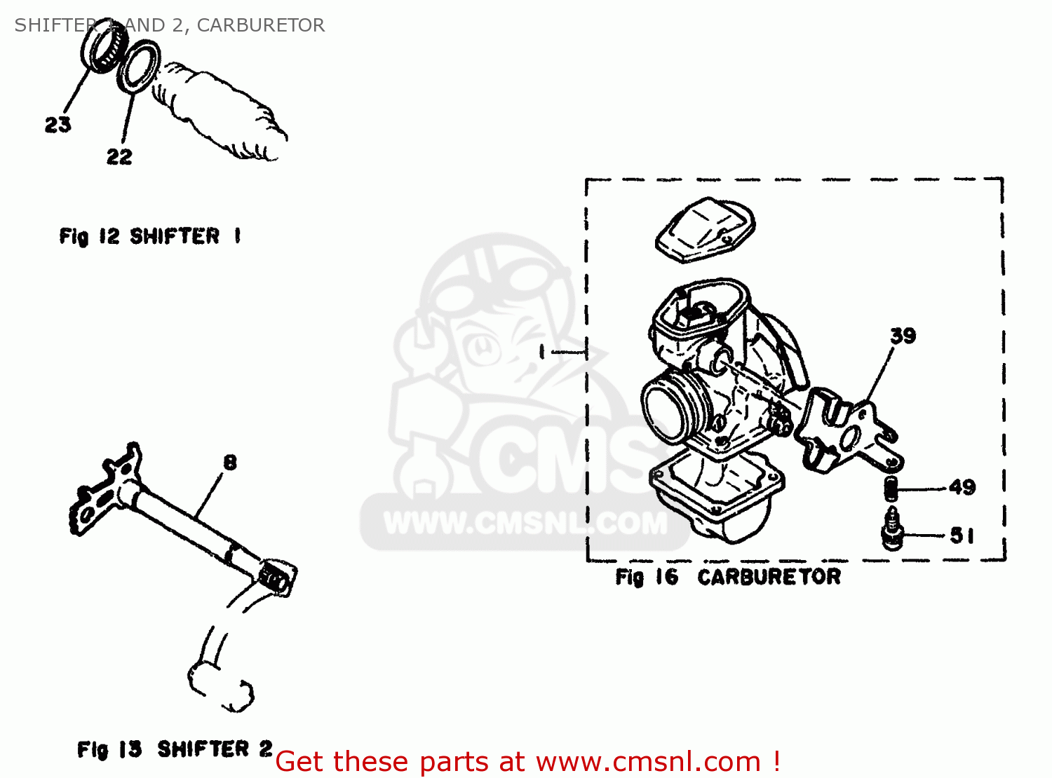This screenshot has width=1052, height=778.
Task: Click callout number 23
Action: (58, 125)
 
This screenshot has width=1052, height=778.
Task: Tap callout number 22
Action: (119, 156)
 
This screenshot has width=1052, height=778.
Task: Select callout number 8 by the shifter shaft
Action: (230, 463)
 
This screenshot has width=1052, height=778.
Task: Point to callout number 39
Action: (903, 336)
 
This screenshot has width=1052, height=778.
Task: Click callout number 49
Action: (962, 487)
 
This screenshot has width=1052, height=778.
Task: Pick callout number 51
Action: (962, 536)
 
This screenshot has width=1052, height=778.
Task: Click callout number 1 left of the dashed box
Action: (542, 352)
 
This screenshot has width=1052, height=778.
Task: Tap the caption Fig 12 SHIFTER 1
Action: (150, 236)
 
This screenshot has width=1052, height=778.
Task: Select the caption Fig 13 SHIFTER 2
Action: (175, 749)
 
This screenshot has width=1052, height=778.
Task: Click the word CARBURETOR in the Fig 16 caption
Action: (769, 577)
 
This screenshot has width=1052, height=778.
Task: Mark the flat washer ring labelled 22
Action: (139, 66)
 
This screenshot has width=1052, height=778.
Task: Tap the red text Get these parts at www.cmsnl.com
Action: (527, 761)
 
